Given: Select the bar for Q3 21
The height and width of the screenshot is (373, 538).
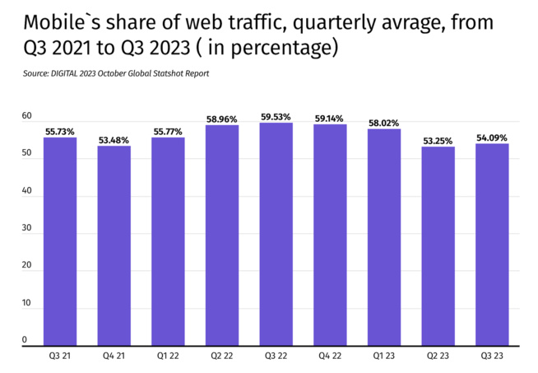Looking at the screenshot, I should pyautogui.click(x=60, y=241).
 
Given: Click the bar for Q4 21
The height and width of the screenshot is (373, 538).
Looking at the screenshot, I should pyautogui.click(x=114, y=245).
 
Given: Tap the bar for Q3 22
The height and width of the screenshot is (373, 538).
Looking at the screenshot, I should pyautogui.click(x=276, y=235).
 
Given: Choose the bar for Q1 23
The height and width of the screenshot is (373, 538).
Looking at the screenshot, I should pyautogui.click(x=384, y=237).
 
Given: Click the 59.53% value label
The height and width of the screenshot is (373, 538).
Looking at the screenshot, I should pyautogui.click(x=276, y=117).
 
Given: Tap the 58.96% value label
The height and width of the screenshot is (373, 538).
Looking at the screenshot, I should pyautogui.click(x=222, y=119).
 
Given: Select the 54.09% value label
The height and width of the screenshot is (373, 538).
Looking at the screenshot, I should pyautogui.click(x=492, y=138).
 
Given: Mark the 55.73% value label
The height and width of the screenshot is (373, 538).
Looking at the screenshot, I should pyautogui.click(x=60, y=131).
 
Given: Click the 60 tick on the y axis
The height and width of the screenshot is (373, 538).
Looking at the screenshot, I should pyautogui.click(x=27, y=117).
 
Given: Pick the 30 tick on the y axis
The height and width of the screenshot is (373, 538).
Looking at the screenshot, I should pyautogui.click(x=27, y=229).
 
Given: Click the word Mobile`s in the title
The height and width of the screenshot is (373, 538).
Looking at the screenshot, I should pyautogui.click(x=58, y=21).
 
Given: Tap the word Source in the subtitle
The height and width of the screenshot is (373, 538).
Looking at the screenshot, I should pyautogui.click(x=39, y=73).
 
